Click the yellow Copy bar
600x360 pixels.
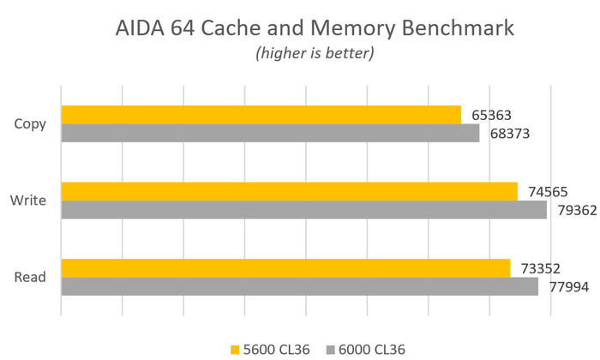[261, 114]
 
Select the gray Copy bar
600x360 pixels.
[270, 133]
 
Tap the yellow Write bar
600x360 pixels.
[289, 190]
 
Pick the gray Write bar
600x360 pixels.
[303, 209]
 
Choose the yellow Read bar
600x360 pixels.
[285, 267]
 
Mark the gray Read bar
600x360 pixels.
[299, 286]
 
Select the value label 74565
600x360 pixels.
[548, 190]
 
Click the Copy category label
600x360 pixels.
[30, 123]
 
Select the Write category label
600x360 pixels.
[28, 201]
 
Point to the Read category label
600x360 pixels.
[30, 277]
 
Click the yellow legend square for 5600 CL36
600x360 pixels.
[235, 349]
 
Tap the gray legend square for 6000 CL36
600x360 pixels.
[331, 349]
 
